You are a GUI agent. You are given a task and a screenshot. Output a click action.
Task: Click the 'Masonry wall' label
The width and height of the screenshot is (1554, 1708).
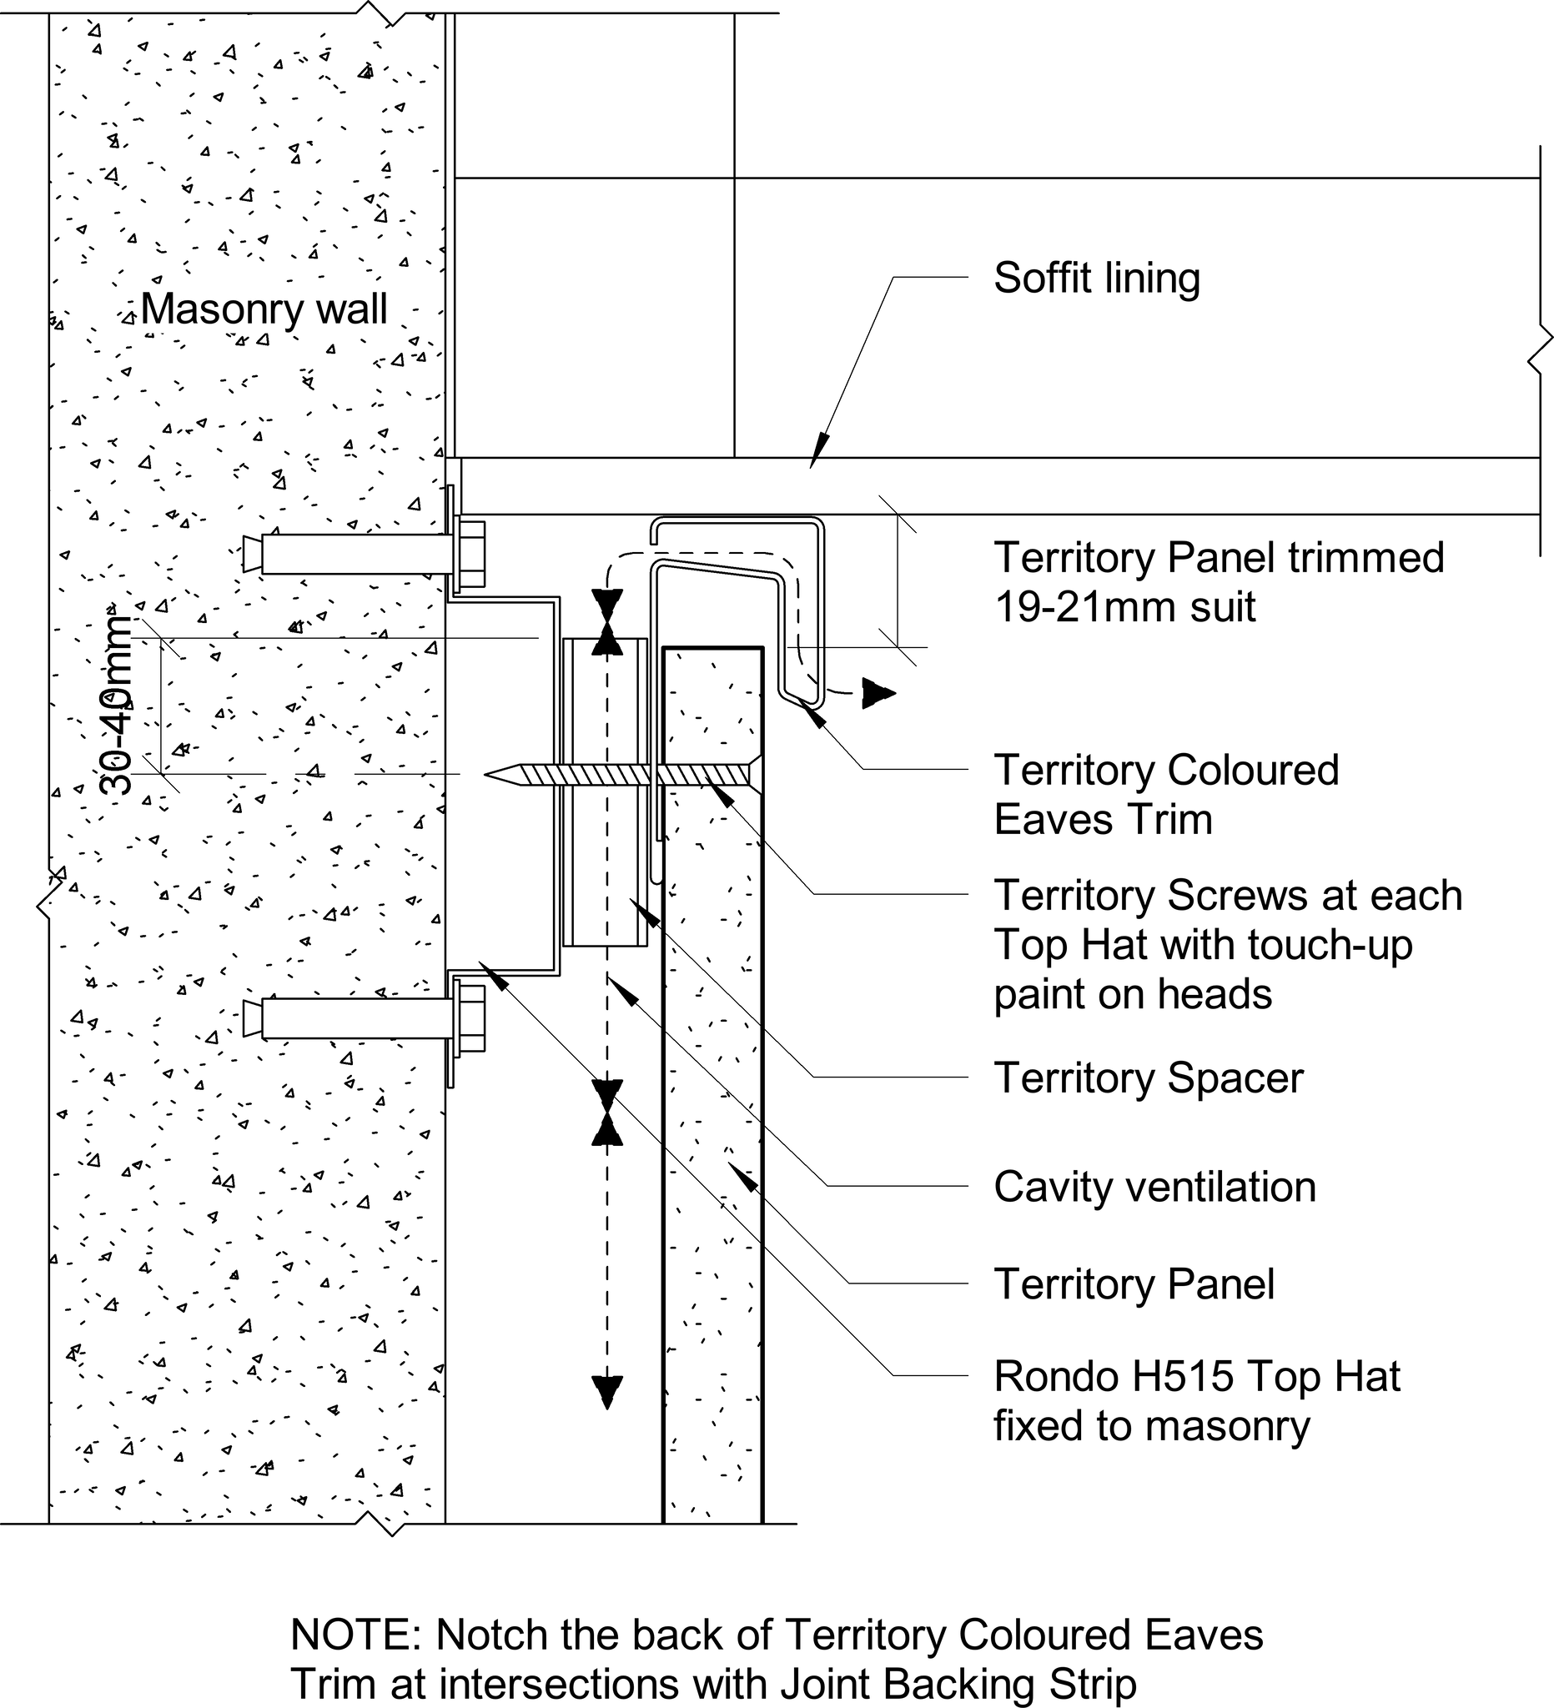click(x=264, y=309)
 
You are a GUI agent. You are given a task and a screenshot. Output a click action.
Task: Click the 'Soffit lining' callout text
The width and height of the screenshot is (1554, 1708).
click(x=1096, y=278)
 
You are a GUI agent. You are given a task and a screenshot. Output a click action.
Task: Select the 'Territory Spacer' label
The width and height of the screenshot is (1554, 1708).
click(x=1148, y=1078)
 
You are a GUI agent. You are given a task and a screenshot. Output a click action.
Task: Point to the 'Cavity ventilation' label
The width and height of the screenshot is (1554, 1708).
click(x=1154, y=1186)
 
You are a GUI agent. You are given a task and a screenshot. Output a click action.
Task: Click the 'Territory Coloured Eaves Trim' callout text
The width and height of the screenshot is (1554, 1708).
click(x=1166, y=795)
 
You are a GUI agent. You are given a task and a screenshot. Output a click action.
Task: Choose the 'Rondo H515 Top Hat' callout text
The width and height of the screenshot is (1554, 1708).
click(x=1196, y=1377)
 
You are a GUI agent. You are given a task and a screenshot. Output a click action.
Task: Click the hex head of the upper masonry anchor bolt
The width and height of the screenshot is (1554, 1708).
click(x=471, y=554)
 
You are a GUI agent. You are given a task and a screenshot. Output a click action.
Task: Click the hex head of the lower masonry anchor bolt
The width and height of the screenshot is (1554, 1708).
click(x=471, y=1017)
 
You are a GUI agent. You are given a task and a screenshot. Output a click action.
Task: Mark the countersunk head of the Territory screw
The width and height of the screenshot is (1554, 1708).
click(x=756, y=773)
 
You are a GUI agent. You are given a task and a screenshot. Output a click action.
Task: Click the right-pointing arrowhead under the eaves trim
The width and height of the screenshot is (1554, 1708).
click(x=878, y=693)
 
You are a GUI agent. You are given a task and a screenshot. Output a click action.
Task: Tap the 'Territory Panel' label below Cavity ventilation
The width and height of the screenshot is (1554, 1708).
click(x=1134, y=1284)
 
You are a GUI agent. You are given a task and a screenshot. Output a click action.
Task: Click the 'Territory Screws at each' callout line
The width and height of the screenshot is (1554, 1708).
click(x=1228, y=895)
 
